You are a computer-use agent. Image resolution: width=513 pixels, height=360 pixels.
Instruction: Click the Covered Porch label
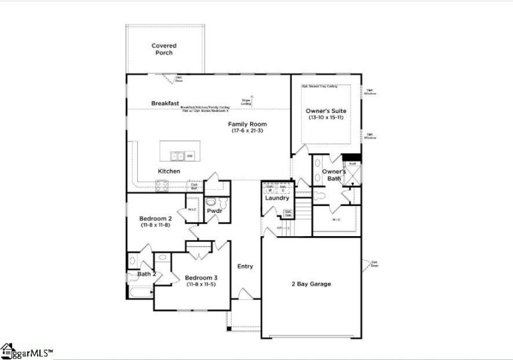point(164,49)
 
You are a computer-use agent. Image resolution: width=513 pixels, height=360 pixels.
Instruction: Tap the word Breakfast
point(164,103)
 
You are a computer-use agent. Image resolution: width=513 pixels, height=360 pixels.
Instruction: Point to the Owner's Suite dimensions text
point(326,117)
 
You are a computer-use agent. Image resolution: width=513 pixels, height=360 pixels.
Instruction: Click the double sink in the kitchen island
point(178,156)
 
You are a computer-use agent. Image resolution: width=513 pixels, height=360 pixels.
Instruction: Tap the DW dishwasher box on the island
point(190,156)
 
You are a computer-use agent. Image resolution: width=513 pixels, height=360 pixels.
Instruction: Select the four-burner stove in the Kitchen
point(162,187)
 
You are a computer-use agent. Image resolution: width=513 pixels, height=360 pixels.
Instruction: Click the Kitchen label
point(169,171)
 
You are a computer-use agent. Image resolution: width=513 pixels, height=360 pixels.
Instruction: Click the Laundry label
point(277,198)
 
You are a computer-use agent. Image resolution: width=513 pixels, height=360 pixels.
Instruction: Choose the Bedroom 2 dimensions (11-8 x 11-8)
point(155,225)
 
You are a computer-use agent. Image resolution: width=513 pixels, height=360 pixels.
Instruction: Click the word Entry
point(245,266)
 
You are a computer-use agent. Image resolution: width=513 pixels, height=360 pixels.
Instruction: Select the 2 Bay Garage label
point(312,284)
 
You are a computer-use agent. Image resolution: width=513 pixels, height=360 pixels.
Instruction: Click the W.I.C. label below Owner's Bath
point(336,219)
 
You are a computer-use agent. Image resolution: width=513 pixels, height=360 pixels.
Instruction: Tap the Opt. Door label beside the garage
point(374,264)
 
